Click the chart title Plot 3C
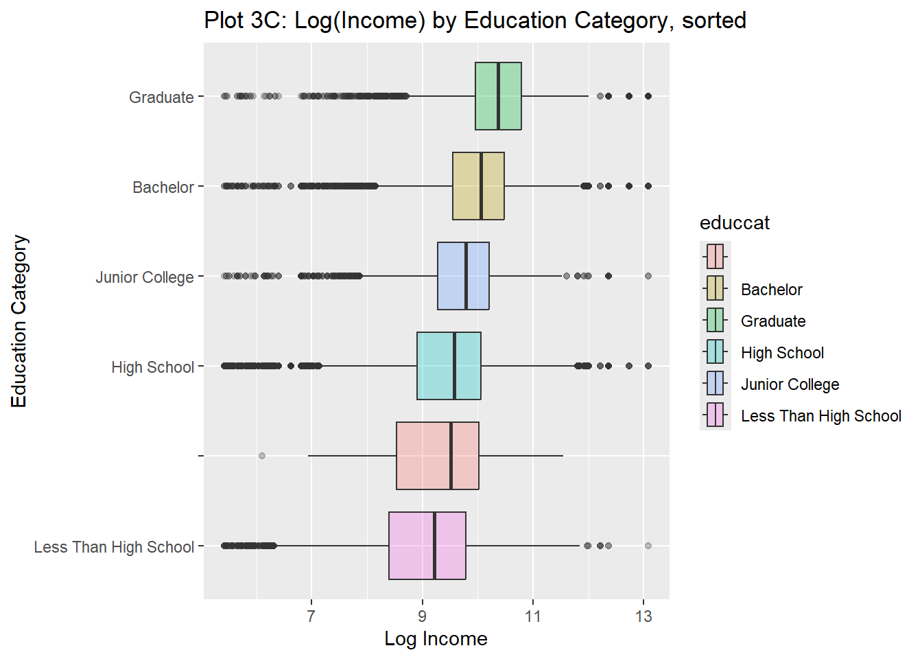click(475, 21)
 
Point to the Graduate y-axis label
click(161, 97)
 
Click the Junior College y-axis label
click(145, 277)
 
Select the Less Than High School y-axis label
click(114, 547)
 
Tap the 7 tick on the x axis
click(311, 616)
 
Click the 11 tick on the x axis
click(533, 616)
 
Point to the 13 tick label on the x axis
click(643, 616)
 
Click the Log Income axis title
click(436, 639)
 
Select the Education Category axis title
click(19, 321)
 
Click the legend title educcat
click(734, 223)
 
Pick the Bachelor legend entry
click(771, 290)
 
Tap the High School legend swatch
click(715, 351)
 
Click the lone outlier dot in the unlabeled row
click(261, 456)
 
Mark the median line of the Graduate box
click(498, 96)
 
